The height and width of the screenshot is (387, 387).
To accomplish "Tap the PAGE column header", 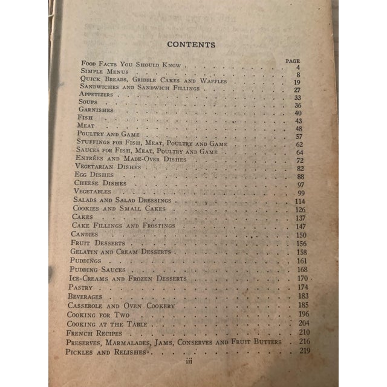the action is pos(293,60).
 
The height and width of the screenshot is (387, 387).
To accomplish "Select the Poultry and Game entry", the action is pos(108,134).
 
